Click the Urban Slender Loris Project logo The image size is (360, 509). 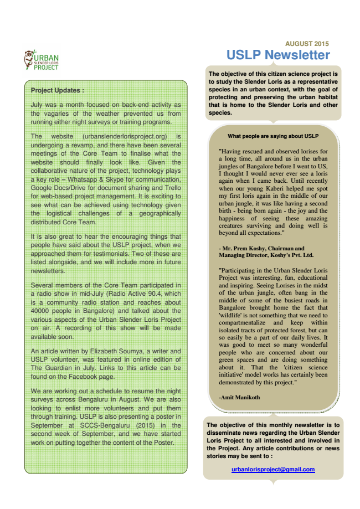pos(42,61)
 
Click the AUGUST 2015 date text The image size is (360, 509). pos(307,43)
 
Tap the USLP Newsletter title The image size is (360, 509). pos(277,55)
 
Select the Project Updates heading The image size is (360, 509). pos(58,90)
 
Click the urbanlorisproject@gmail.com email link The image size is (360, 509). pos(273,469)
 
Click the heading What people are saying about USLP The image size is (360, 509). pos(273,136)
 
